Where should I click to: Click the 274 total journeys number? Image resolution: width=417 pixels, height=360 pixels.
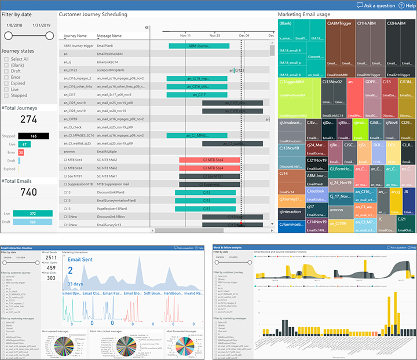28,119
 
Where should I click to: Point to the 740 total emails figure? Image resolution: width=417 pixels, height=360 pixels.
28,193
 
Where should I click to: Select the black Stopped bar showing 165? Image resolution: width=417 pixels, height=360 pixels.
34,136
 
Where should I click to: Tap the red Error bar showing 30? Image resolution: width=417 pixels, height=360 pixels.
21,152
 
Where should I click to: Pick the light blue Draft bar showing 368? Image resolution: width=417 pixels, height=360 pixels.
33,222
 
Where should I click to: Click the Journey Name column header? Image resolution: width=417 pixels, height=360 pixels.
75,35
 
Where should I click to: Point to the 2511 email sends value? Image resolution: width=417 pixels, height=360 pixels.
52,259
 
